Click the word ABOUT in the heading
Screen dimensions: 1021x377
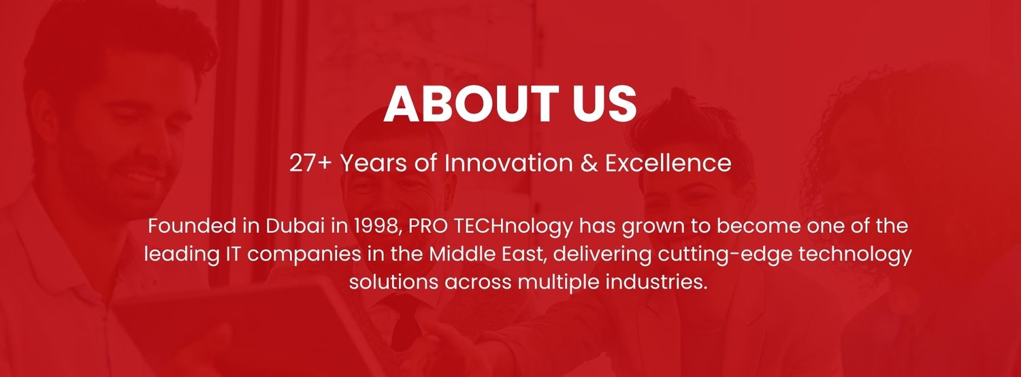click(x=471, y=104)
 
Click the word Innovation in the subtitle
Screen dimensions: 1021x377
click(x=508, y=163)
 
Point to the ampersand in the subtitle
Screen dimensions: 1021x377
click(x=589, y=163)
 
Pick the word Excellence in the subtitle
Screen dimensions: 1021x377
click(x=668, y=163)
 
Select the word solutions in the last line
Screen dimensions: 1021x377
click(x=393, y=282)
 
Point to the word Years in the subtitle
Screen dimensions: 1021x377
click(x=374, y=163)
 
